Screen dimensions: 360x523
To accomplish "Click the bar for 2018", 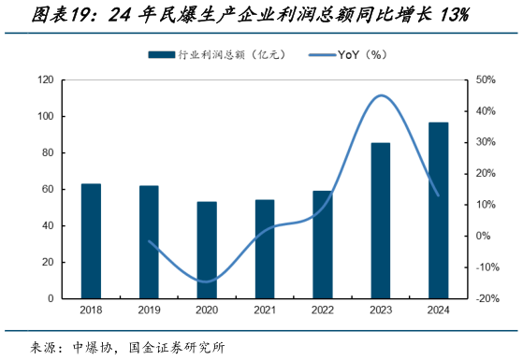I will pyautogui.click(x=91, y=241).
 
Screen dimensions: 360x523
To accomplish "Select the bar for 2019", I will pyautogui.click(x=149, y=242).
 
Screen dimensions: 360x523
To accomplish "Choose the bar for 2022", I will pyautogui.click(x=323, y=244).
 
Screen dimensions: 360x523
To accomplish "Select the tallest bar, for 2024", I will pyautogui.click(x=438, y=210).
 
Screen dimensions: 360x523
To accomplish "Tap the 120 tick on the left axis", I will pyautogui.click(x=44, y=80).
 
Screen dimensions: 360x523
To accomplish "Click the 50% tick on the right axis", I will pyautogui.click(x=487, y=80).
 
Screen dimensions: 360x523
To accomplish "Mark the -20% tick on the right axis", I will pyautogui.click(x=487, y=299).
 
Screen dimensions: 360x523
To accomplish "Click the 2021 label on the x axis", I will pyautogui.click(x=265, y=310).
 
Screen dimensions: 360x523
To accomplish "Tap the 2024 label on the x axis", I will pyautogui.click(x=438, y=310).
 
